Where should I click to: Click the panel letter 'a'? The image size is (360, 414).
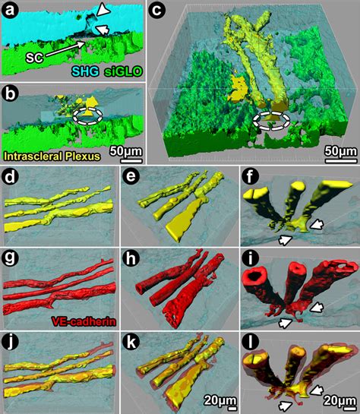point(11,11)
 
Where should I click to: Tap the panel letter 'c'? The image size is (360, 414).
point(157,11)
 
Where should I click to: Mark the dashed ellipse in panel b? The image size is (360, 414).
point(87,116)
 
